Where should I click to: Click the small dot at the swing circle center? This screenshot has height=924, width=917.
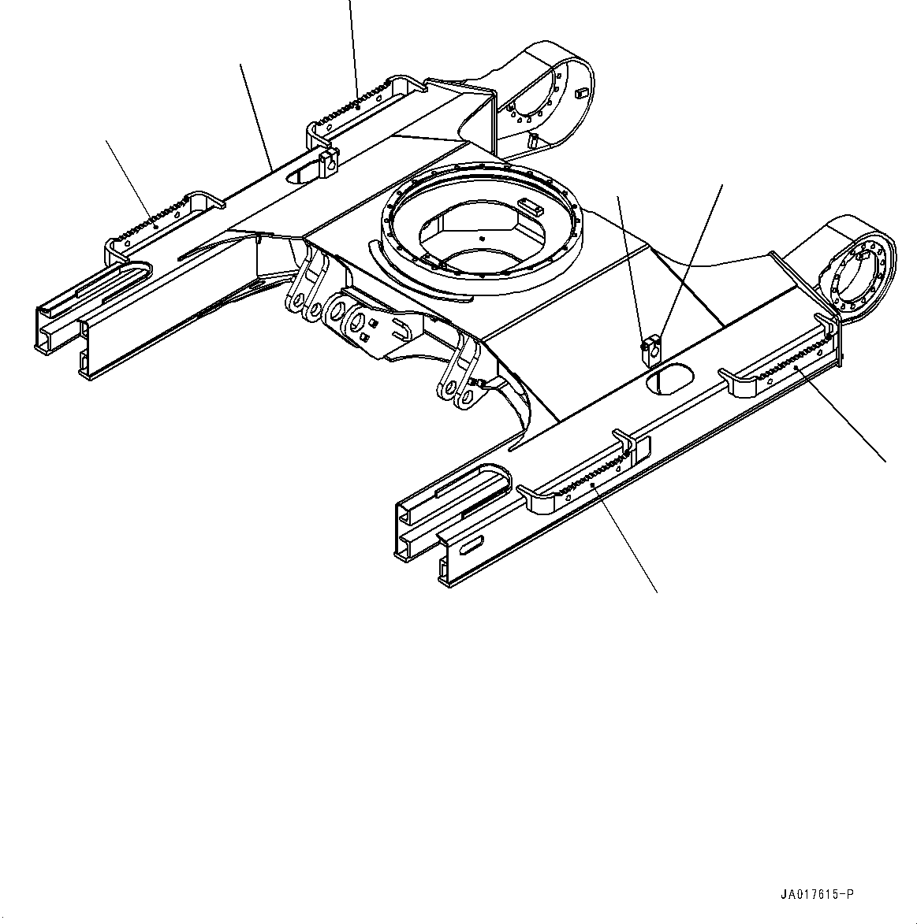click(x=482, y=238)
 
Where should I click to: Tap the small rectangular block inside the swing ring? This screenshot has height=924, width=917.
click(x=531, y=207)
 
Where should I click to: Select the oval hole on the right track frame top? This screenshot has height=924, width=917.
click(x=667, y=380)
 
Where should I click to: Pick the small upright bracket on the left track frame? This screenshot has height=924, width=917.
click(x=329, y=164)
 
